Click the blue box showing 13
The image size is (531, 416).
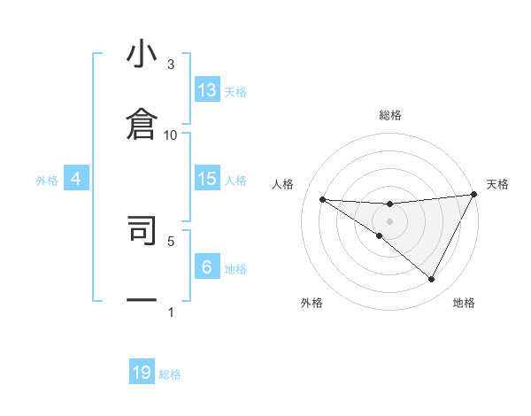pos(207,90)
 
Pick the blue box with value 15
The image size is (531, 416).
pos(207,179)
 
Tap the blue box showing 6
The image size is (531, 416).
pos(207,267)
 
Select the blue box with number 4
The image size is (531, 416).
pos(75,179)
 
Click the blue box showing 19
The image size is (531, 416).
pos(142,373)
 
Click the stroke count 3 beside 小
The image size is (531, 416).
pos(171,65)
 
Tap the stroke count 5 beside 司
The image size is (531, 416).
pos(171,240)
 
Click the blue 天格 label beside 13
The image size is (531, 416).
pos(235,91)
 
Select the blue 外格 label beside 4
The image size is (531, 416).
pos(47,180)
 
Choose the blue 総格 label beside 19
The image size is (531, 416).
pos(170,374)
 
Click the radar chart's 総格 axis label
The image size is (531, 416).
pos(390,115)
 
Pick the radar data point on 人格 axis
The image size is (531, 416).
pos(322,199)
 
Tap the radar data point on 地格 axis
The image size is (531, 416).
pos(432,280)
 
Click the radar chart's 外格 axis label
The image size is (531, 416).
pos(312,303)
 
